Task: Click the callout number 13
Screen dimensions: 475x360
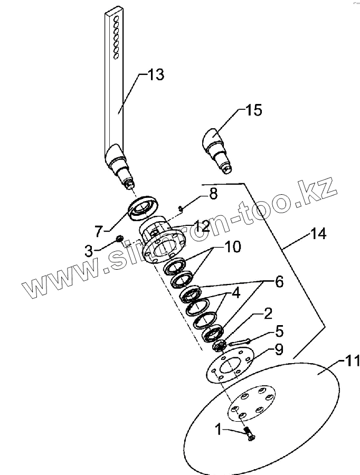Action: pos(155,74)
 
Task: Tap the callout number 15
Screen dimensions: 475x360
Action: pos(253,110)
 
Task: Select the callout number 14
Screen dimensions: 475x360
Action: pos(319,233)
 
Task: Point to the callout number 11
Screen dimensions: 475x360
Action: pos(350,362)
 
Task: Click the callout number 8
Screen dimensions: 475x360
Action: pos(213,194)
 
